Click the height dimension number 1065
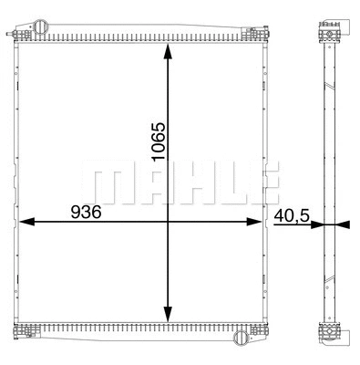[x=158, y=141]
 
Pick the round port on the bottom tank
[x=240, y=339]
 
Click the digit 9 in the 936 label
[x=76, y=210]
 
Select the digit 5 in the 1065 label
[x=158, y=126]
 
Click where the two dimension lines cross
[x=168, y=221]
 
